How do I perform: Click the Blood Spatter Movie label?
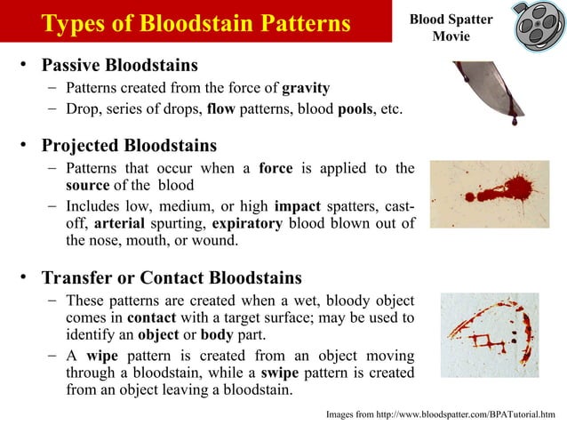[450, 28]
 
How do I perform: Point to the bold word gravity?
[306, 88]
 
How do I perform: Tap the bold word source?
[87, 185]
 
